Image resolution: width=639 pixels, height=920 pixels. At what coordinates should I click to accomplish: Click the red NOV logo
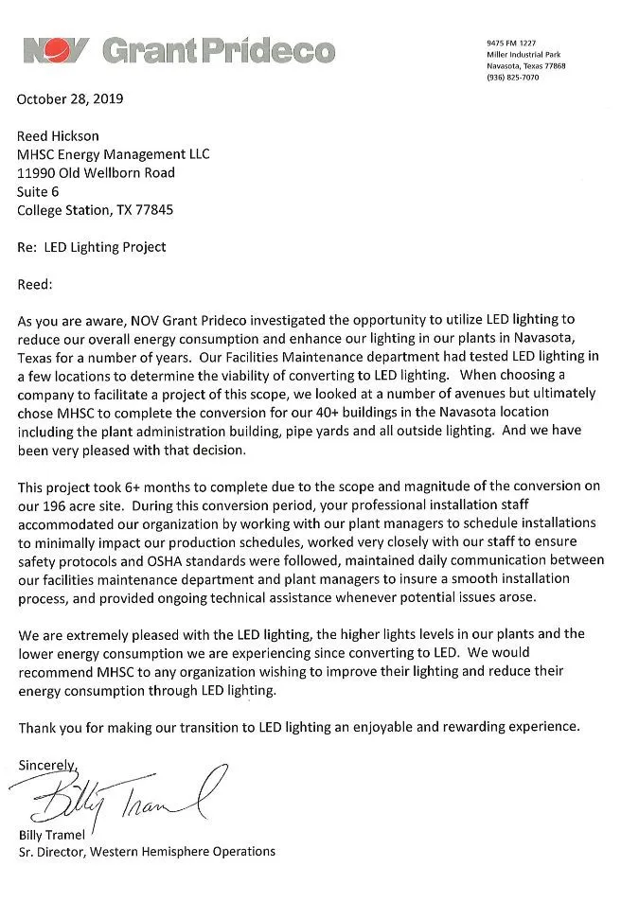56,50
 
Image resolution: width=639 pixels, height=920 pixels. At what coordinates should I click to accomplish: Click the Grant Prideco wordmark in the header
217,49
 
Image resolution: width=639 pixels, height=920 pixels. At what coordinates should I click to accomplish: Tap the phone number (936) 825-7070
513,78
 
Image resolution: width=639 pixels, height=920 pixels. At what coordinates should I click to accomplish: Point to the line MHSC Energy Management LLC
114,154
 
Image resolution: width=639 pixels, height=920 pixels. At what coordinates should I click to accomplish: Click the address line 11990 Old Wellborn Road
96,173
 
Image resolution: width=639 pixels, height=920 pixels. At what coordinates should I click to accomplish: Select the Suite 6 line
39,191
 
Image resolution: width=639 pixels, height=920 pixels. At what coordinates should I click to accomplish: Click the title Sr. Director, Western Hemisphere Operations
147,852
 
